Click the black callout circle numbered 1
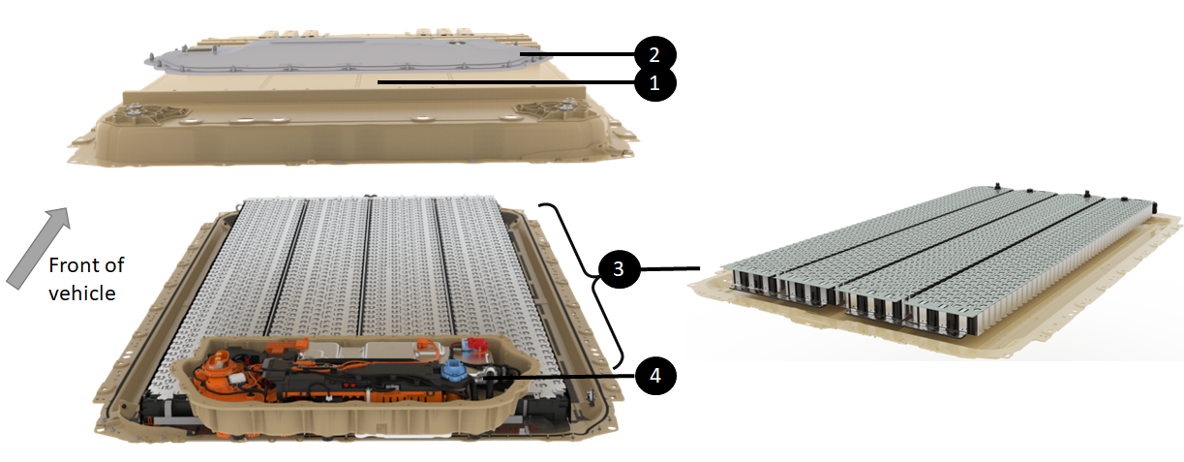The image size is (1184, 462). point(654,82)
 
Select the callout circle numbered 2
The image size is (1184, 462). point(654,54)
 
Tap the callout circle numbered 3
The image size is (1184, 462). point(619,268)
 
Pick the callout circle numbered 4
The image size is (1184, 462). point(654,375)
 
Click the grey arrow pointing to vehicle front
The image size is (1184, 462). point(38,248)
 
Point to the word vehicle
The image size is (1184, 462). point(82,293)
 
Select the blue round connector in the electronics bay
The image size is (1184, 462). point(453,370)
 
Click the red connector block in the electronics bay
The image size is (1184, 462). point(474,345)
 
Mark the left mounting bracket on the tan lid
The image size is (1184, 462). point(153,113)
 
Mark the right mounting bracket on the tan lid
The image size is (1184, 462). point(555,108)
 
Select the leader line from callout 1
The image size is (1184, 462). point(506,82)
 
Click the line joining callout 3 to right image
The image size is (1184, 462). point(670,268)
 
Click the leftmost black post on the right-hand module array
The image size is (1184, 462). point(997,186)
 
